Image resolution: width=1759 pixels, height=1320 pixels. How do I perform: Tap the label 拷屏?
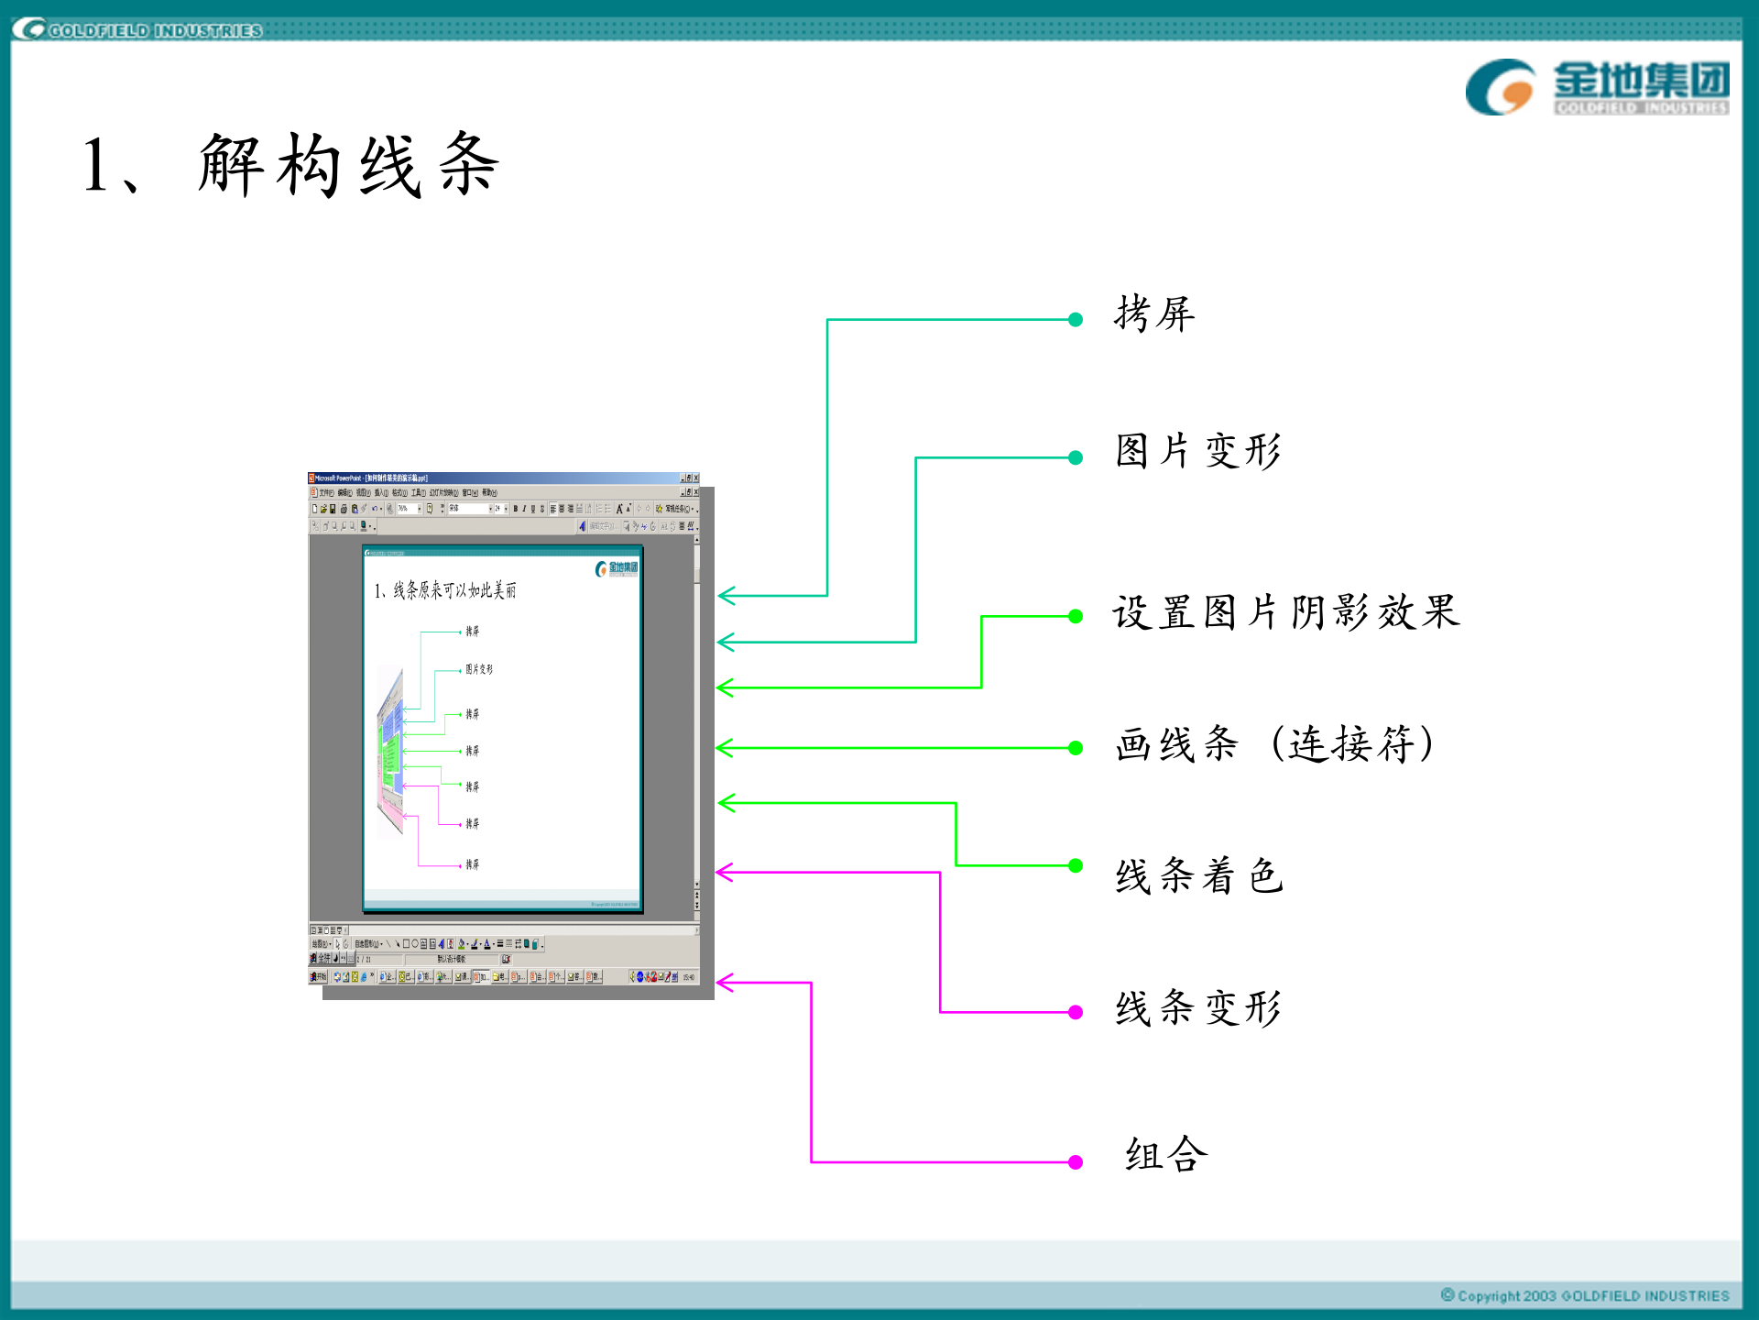[x=1154, y=314]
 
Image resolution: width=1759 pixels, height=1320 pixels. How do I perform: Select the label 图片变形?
[x=1198, y=451]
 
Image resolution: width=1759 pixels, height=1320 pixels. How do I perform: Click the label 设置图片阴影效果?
[x=1285, y=612]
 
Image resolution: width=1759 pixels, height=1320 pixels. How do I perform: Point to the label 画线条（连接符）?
[x=1274, y=744]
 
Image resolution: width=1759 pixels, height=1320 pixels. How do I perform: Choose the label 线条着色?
[x=1198, y=876]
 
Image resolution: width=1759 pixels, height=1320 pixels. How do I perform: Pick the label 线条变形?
[x=1198, y=1008]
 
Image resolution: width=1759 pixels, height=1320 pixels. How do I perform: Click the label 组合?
[x=1166, y=1154]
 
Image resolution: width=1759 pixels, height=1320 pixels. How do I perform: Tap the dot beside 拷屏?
[x=1076, y=320]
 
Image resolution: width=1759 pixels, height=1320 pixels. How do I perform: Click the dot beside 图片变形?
[x=1076, y=457]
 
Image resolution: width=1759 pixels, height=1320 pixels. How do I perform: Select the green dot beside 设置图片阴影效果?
[x=1076, y=617]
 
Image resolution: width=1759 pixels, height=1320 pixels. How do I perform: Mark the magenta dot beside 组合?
[x=1076, y=1162]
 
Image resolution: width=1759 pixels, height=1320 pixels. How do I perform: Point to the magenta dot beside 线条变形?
[x=1076, y=1012]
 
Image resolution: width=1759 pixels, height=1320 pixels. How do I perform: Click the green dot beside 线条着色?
[x=1076, y=865]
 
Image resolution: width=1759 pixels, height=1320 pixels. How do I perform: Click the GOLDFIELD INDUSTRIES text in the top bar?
[x=155, y=30]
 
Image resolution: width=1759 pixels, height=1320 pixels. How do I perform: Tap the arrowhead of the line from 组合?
[x=724, y=983]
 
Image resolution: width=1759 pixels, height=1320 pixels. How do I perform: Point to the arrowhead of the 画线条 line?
[x=724, y=748]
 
